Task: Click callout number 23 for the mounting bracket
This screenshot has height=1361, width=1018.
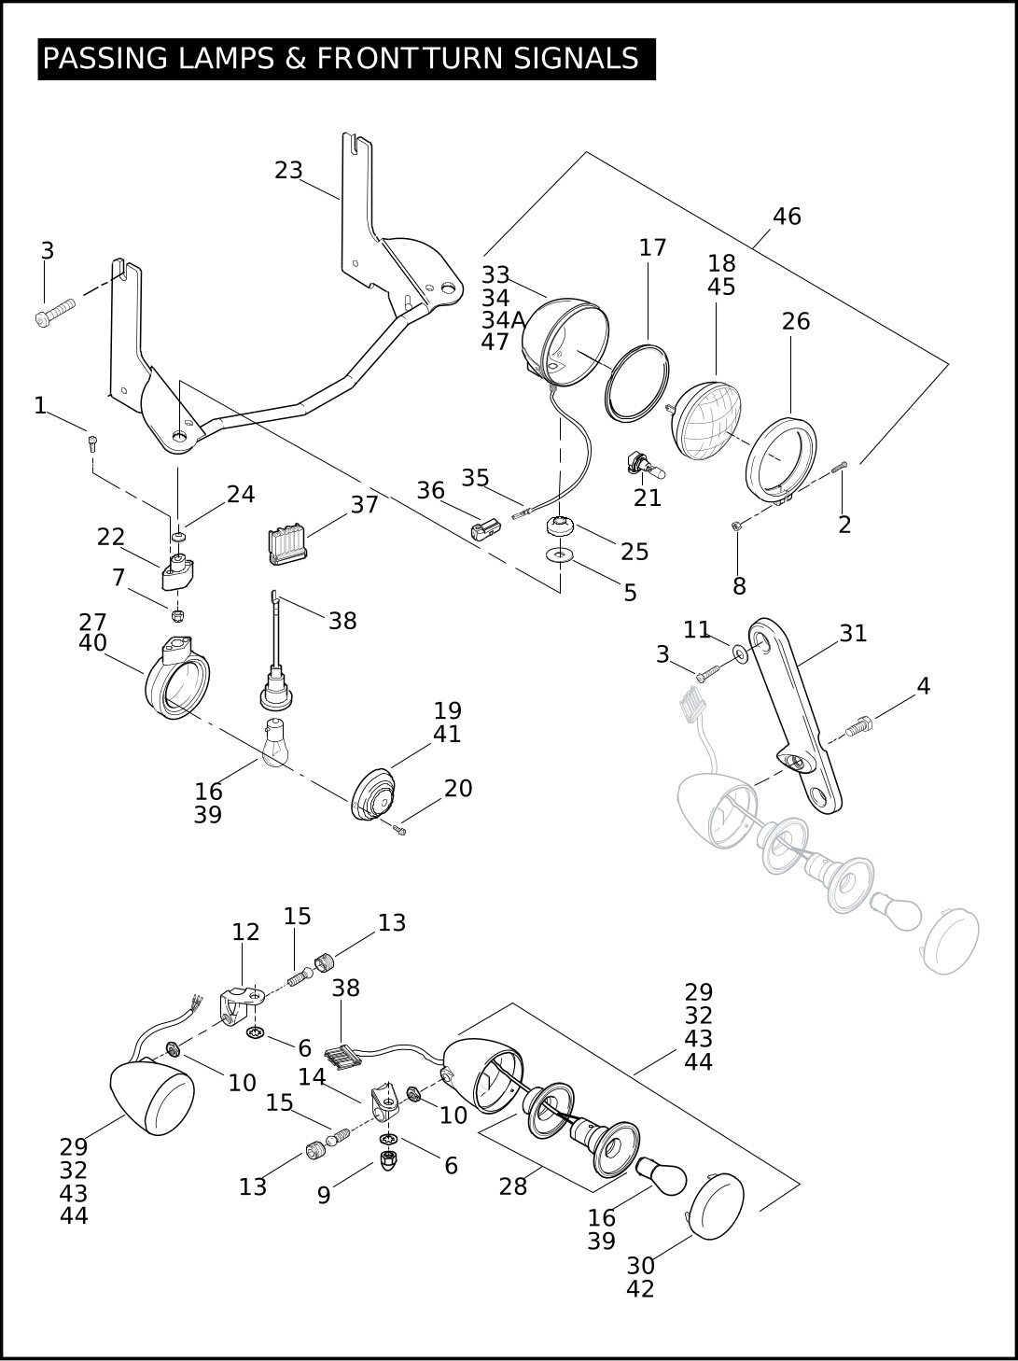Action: pyautogui.click(x=288, y=171)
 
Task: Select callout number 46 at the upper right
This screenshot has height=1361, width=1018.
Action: pyautogui.click(x=787, y=217)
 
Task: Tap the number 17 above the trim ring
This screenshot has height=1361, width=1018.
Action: pyautogui.click(x=652, y=247)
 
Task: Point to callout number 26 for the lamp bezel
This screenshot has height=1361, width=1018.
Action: pyautogui.click(x=795, y=322)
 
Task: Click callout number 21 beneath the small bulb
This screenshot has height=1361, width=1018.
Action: pyautogui.click(x=647, y=498)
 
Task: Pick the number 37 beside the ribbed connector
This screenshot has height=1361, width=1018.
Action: pyautogui.click(x=364, y=505)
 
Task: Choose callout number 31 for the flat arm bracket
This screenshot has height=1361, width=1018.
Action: pyautogui.click(x=853, y=634)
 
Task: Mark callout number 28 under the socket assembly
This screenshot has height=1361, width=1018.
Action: pyautogui.click(x=512, y=1186)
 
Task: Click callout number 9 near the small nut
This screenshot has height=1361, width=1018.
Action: pyautogui.click(x=323, y=1196)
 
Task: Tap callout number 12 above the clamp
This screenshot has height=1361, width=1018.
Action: pyautogui.click(x=245, y=932)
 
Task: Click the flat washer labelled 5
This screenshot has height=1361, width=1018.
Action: pyautogui.click(x=560, y=554)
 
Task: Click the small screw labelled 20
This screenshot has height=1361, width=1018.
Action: pyautogui.click(x=401, y=829)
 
